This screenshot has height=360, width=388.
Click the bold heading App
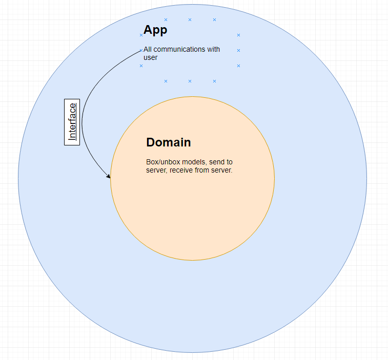155,30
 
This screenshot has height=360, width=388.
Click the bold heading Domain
169,142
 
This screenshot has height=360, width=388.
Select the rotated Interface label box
72,122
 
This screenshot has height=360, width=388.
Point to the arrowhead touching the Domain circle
109,177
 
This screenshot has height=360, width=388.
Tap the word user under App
150,58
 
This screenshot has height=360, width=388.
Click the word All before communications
148,50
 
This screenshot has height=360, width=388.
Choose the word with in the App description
213,50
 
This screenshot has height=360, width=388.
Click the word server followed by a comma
156,171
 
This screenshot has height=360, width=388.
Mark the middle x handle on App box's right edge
238,50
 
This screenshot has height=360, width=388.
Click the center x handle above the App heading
190,19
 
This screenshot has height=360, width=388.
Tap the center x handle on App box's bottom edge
190,81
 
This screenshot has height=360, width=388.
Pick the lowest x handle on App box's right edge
238,66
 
